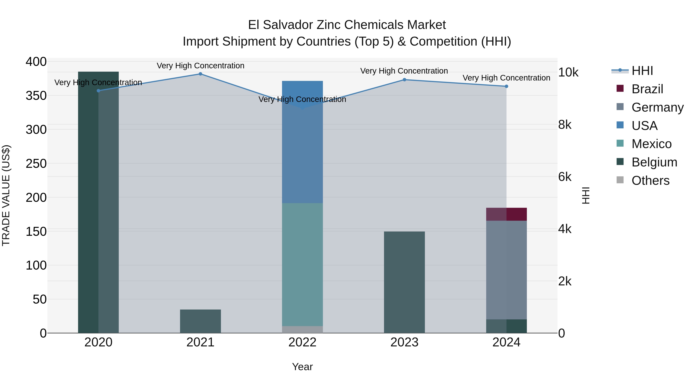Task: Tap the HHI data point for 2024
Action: (506, 86)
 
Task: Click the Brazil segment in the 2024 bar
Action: (506, 214)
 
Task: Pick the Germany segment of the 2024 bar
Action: (506, 270)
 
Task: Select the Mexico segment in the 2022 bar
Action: (302, 265)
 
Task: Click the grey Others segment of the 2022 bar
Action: (302, 329)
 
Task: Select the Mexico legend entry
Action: (651, 144)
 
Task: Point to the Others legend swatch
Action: (620, 180)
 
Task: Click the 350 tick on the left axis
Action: (36, 96)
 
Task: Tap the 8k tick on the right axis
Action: (565, 125)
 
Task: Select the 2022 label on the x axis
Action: (302, 342)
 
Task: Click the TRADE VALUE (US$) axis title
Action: (6, 195)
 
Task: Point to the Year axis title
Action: (302, 367)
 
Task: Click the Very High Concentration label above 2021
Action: (200, 66)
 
